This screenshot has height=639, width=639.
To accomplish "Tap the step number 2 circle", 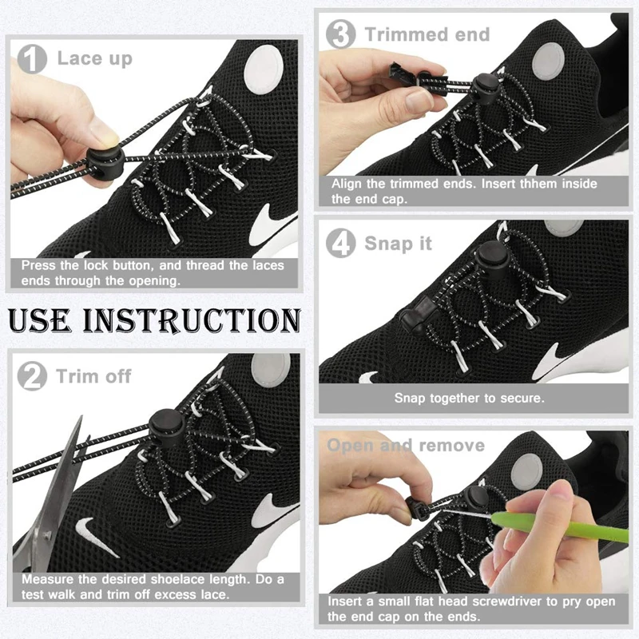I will coord(33,376).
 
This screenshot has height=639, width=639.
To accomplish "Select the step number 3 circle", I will coord(342,34).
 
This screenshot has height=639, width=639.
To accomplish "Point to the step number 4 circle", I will coord(342,244).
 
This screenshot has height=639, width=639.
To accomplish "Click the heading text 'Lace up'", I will coord(94,59).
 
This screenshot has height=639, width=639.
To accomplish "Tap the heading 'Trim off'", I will coord(93,376).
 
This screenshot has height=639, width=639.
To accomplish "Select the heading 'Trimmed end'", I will coord(427,34).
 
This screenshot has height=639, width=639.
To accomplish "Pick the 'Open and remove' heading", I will coord(406,445).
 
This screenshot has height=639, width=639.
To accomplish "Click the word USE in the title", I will coord(48,319).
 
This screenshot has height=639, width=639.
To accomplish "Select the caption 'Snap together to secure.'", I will coord(469,398).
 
